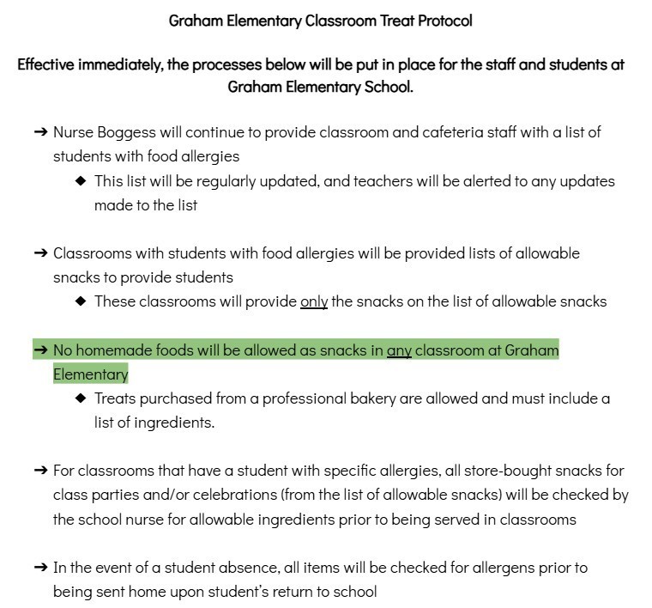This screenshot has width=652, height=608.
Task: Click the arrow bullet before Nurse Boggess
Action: [39, 132]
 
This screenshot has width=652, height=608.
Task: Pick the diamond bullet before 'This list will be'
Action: [81, 181]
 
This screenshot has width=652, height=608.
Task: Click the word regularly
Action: [227, 181]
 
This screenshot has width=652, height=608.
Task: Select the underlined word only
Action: [314, 301]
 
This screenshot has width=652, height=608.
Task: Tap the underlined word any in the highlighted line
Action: [399, 350]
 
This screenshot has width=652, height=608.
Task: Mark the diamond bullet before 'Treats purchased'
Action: [81, 398]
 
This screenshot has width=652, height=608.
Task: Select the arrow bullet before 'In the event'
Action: [39, 568]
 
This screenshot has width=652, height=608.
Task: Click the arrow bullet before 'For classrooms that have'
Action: [39, 471]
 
